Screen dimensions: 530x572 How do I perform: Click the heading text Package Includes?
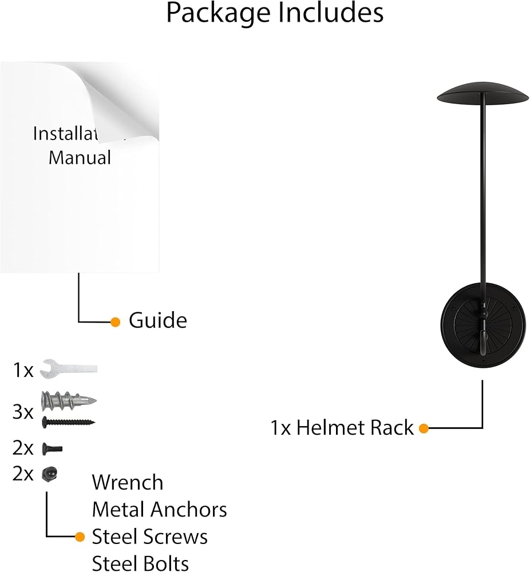[275, 13]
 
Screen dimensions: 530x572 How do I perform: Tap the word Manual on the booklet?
[80, 157]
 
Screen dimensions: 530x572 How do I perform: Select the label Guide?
[157, 320]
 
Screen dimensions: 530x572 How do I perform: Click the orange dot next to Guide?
[116, 322]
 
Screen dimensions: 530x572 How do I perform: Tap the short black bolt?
[52, 449]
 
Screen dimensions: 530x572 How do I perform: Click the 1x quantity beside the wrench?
[23, 370]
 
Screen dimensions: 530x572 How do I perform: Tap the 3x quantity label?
[23, 412]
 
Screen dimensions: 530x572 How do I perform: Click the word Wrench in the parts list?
[128, 482]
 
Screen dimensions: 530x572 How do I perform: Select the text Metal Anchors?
[159, 509]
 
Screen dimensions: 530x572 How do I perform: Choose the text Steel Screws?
[149, 537]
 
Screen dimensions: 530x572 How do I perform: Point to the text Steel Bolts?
[140, 563]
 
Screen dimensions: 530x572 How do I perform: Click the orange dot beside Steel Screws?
[81, 537]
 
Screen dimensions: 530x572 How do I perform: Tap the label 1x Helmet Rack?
[342, 428]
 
